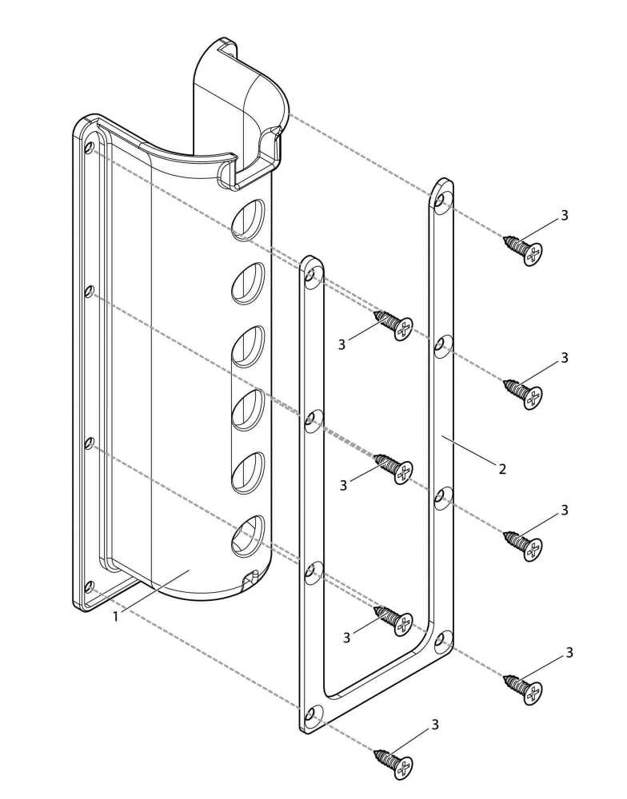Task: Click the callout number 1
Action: coord(116,616)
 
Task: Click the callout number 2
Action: coord(502,469)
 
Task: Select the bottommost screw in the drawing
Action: coord(393,762)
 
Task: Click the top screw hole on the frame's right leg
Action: coord(441,201)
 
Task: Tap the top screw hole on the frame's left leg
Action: coord(312,275)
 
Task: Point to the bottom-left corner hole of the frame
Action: coord(312,714)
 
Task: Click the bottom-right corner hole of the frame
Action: coord(441,639)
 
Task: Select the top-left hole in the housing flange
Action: coord(89,147)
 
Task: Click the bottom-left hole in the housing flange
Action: coord(89,586)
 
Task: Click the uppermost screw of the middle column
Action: coord(393,324)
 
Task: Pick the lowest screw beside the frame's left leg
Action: coord(393,620)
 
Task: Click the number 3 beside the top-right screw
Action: coord(565,216)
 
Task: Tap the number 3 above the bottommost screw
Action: coord(435,725)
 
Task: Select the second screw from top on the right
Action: coord(523,393)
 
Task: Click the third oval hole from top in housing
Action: coord(248,347)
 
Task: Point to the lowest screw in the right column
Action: coord(523,689)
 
